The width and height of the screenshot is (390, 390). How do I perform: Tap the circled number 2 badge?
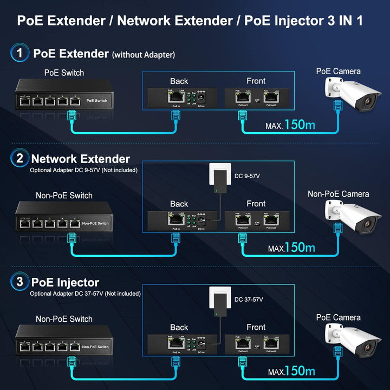[20, 159]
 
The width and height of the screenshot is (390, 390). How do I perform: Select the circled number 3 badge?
[20, 282]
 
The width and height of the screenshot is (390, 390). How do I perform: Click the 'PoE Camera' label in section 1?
[339, 71]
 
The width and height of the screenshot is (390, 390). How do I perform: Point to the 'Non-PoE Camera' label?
[339, 194]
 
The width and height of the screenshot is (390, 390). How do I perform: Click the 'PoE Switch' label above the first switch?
[64, 73]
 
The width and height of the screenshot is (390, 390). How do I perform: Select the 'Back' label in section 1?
[179, 81]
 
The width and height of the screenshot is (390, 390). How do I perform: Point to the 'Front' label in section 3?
[256, 327]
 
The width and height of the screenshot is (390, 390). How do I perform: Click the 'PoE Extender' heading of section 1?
[71, 54]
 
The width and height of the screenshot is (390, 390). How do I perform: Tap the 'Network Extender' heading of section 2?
[81, 159]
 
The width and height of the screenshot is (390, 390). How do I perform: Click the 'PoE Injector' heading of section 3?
[65, 282]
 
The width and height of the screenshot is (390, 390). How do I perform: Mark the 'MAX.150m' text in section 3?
[291, 371]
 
